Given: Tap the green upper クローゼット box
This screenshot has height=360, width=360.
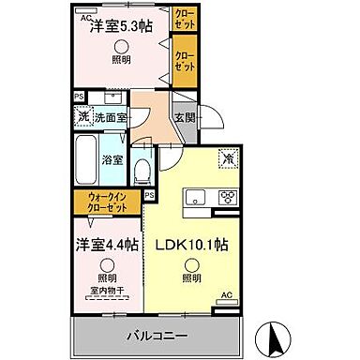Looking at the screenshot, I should tap(185, 18).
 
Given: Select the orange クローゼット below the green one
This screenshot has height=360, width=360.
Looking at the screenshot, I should tap(185, 62).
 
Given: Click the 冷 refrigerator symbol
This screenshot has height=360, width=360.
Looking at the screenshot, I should tap(227, 159).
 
